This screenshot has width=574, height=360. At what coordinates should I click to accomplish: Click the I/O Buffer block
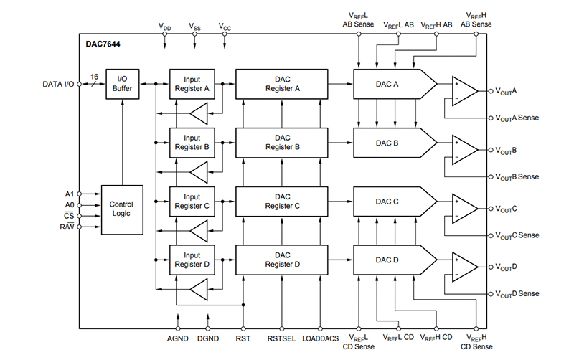(122, 84)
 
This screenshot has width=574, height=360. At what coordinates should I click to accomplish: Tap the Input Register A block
(192, 84)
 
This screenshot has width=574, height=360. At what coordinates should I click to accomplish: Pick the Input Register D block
(192, 260)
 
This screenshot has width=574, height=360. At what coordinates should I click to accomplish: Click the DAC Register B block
(281, 143)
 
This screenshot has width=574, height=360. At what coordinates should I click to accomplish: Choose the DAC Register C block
(281, 201)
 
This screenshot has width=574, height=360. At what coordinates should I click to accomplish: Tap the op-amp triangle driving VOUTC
(464, 208)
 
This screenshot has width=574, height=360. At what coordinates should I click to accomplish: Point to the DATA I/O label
(57, 85)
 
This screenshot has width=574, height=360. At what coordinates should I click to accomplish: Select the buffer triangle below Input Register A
(198, 113)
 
